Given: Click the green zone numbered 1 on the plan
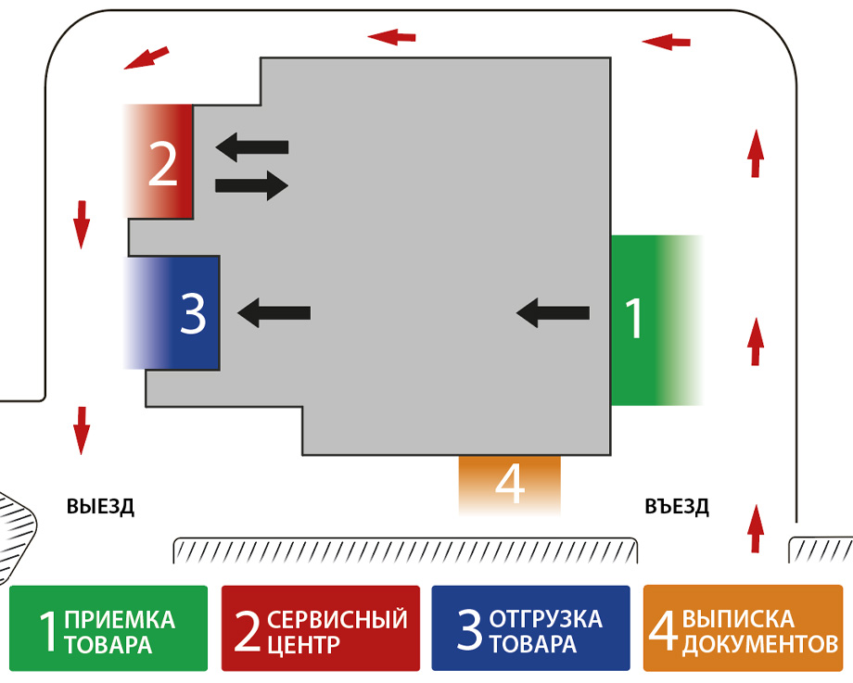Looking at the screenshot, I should [x=649, y=320].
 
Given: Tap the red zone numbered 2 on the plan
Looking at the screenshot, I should [x=161, y=162].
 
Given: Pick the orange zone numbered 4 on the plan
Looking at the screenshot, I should [x=510, y=483].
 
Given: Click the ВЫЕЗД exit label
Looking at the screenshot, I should [x=100, y=507].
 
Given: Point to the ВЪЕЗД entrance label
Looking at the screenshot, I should [x=677, y=507].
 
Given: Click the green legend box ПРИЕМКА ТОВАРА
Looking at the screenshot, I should [x=108, y=628].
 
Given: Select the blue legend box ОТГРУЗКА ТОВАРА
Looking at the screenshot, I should [x=531, y=628].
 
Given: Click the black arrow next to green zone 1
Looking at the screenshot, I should [x=553, y=313].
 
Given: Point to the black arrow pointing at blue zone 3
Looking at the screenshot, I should [x=274, y=313].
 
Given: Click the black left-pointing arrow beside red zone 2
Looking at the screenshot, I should [x=251, y=146].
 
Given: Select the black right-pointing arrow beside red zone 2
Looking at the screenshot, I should [x=251, y=185].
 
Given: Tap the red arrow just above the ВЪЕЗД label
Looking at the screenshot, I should [x=757, y=528].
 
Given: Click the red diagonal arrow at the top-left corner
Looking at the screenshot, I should [x=146, y=57].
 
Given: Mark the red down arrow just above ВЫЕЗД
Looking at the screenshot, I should [x=82, y=430].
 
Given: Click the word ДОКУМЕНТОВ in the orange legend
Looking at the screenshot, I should [x=760, y=643].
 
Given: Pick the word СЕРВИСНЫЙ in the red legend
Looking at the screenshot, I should [x=337, y=617].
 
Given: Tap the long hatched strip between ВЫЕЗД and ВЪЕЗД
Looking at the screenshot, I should [x=406, y=550].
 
